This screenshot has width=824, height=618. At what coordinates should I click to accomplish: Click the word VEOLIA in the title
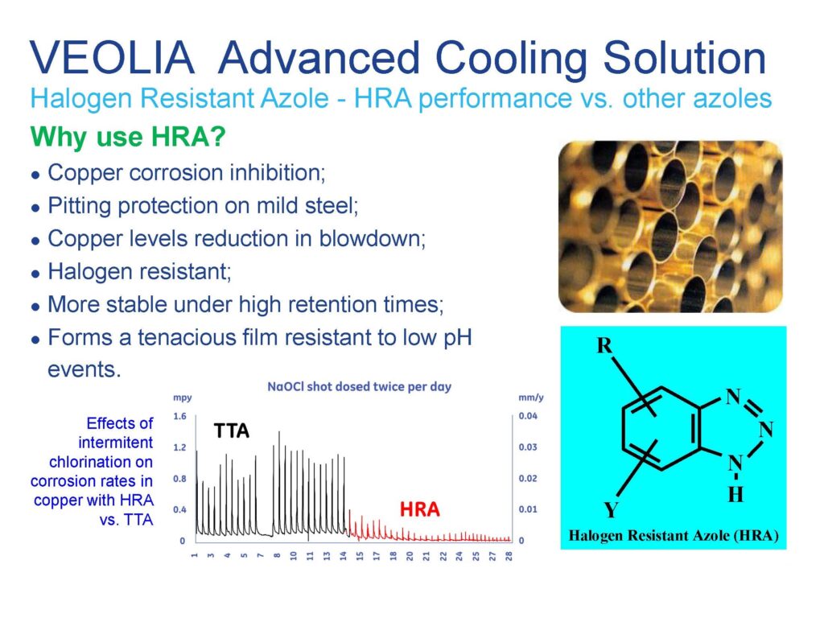tap(112, 57)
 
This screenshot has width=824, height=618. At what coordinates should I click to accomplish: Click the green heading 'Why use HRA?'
tap(128, 137)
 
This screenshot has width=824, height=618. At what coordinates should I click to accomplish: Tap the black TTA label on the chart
tap(231, 431)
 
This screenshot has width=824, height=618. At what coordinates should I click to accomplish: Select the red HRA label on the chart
tap(419, 509)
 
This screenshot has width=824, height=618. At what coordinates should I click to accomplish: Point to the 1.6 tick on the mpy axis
tap(179, 416)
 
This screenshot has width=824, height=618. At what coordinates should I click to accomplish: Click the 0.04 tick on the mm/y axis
tap(528, 416)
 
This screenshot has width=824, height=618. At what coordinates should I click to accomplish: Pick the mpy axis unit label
tap(183, 398)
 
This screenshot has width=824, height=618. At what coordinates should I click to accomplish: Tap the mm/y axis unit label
tap(531, 398)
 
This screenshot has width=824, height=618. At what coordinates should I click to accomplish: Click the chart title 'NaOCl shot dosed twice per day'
tap(360, 387)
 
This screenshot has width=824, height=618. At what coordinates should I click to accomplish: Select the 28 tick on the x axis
tap(509, 556)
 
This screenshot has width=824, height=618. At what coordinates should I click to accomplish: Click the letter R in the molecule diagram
tap(604, 346)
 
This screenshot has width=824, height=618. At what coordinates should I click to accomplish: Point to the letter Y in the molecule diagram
tap(611, 509)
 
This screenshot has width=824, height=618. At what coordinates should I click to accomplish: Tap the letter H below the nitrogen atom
tap(735, 494)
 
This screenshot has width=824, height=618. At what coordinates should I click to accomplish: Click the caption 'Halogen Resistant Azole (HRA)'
tap(674, 535)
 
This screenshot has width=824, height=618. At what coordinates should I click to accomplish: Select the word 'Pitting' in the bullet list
tap(78, 206)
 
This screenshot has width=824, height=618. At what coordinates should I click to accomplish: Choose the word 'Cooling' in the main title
tap(510, 59)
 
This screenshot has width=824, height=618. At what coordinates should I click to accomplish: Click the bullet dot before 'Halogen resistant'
tap(35, 274)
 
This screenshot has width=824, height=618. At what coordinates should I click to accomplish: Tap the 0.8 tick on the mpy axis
tap(179, 479)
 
